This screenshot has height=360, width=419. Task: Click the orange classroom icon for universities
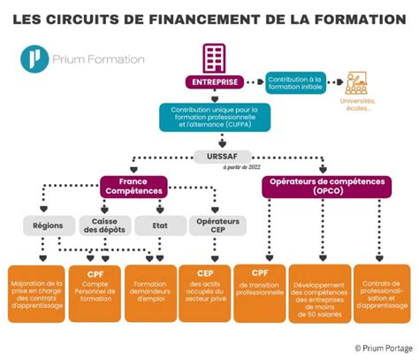pos(358,83)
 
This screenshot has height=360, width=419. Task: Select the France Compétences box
pos(133,186)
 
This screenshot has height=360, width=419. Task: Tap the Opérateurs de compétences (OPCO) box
pos(325,186)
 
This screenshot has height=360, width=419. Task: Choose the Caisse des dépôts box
pos(105,225)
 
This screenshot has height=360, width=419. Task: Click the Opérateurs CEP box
pos(214,225)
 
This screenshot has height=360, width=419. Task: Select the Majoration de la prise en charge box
pos(34,292)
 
